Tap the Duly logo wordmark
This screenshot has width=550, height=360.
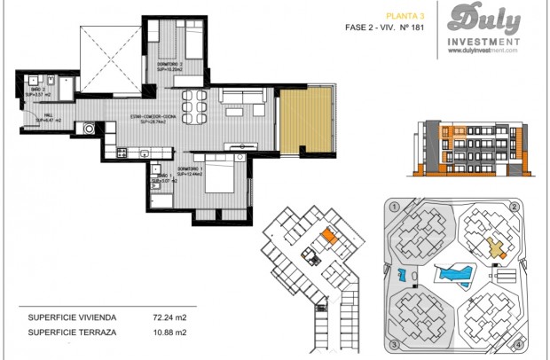[x=484, y=19]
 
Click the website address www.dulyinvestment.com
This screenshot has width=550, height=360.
[x=484, y=51]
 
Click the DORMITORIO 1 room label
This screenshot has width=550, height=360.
[x=192, y=169]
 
